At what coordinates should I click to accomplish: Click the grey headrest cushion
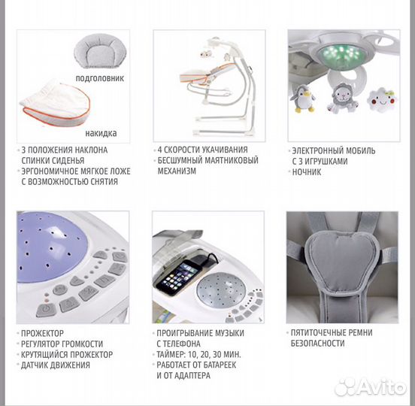pos(100,51)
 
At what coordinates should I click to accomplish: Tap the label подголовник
pos(100,78)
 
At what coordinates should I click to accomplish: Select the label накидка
pos(101,133)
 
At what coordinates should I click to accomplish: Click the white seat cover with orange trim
pos(55,104)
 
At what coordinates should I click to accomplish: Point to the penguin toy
pos(302,98)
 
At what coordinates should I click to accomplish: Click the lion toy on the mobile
pos(343,98)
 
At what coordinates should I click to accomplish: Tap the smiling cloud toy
pos(382,99)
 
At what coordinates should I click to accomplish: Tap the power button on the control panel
pos(46,310)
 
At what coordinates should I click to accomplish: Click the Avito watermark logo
pos(371,388)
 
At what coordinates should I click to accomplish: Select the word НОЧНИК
pos(307,172)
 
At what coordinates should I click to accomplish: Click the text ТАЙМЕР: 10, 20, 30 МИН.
pos(198,354)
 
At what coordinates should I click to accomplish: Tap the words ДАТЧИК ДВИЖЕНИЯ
pos(56,365)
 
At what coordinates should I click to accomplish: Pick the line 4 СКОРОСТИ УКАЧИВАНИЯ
pos(203,150)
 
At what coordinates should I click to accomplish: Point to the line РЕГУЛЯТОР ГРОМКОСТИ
pos(62,344)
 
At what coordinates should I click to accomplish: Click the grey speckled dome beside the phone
pos(221,290)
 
